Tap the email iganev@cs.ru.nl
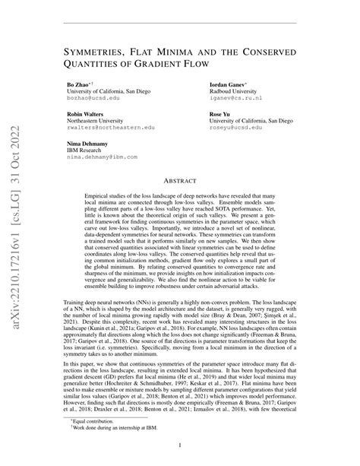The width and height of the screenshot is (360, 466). click(235, 99)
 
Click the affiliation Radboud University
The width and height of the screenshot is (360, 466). click(235, 91)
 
